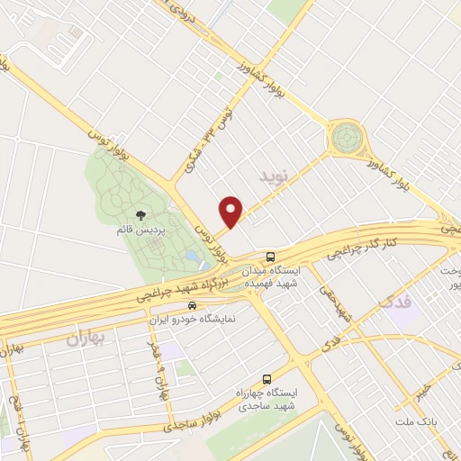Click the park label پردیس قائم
[136, 229]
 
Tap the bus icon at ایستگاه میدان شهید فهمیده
[271, 256]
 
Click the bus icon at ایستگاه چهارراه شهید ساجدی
[266, 380]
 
